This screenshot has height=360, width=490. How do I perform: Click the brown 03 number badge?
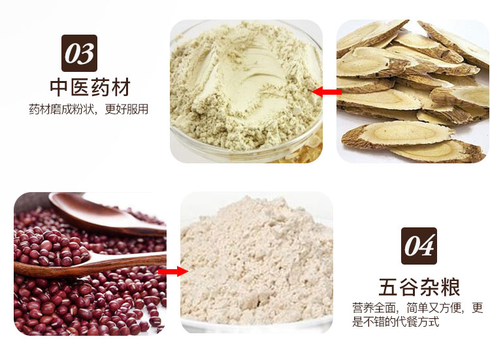click(x=80, y=53)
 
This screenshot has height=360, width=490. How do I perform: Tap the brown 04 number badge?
click(x=419, y=246)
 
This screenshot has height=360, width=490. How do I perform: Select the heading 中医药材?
click(x=90, y=88)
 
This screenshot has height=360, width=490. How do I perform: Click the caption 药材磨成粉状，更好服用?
click(x=88, y=109)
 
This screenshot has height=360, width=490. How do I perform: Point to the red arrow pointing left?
click(x=326, y=93)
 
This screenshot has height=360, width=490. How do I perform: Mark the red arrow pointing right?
click(x=173, y=271)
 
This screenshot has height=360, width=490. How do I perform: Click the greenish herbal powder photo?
click(x=246, y=91)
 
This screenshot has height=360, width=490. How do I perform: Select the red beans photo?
click(x=90, y=263)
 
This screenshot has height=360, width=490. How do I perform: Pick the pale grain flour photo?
click(x=257, y=263)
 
